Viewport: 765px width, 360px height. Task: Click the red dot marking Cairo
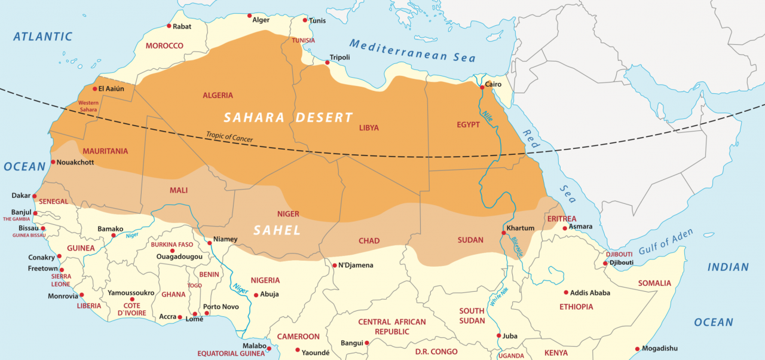482,88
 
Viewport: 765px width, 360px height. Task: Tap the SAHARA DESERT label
288,118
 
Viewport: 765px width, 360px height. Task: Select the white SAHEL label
277,230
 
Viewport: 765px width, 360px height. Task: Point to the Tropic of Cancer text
229,137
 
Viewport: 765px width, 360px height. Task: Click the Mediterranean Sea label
412,50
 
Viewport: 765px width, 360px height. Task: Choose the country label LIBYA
369,128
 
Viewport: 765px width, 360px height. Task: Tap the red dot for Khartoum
503,233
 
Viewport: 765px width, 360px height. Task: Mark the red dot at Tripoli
327,62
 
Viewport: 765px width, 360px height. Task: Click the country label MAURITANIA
105,151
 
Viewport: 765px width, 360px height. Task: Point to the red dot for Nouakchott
53,162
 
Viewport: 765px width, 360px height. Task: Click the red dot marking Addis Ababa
565,292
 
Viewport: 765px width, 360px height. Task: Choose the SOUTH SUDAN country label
472,316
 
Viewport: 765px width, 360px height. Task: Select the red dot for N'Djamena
334,265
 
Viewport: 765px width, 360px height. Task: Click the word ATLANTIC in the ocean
42,37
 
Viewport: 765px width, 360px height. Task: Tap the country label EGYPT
468,124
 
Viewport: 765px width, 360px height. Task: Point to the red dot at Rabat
169,26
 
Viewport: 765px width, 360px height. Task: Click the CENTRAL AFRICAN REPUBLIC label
392,327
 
